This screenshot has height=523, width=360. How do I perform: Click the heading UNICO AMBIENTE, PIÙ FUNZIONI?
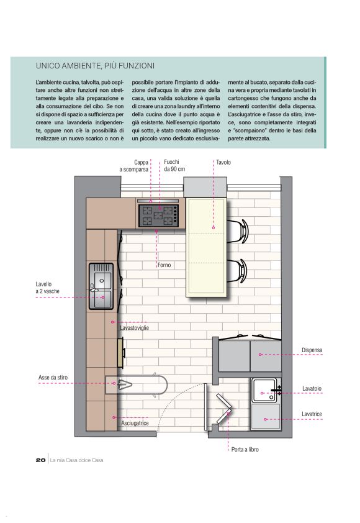[95, 66]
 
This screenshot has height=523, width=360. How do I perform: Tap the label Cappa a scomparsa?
[134, 166]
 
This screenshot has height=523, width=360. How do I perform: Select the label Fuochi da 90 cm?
[174, 165]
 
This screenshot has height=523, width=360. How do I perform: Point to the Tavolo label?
[223, 163]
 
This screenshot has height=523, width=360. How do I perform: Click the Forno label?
[164, 265]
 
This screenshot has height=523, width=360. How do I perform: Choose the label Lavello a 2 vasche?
[47, 288]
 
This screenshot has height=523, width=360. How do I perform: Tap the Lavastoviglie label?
[134, 328]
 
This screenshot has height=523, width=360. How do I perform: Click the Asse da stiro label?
[53, 378]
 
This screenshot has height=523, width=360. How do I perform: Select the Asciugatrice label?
[135, 423]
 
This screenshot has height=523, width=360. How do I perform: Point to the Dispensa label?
[312, 350]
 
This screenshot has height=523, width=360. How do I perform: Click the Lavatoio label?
[312, 389]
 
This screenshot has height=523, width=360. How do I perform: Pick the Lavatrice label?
[312, 414]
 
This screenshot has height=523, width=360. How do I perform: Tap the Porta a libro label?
[245, 450]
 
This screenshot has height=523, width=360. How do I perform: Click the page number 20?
[41, 460]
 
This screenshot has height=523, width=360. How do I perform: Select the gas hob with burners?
[158, 216]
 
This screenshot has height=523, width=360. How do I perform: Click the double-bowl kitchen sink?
[101, 286]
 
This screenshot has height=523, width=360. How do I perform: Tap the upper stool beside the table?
[238, 230]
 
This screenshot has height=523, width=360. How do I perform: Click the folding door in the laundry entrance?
[223, 409]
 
